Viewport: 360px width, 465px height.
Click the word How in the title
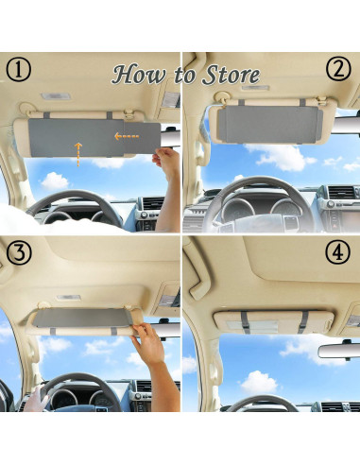pyautogui.click(x=137, y=75)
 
